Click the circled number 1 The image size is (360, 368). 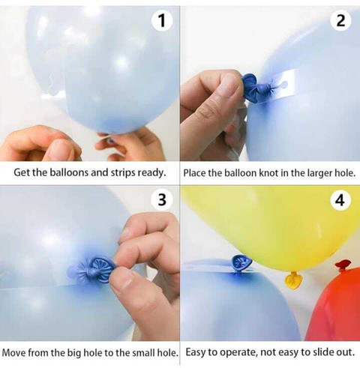[162, 20]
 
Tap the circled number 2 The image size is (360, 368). [340, 20]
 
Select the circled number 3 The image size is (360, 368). [162, 200]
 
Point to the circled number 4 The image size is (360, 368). [340, 200]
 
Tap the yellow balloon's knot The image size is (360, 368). [293, 280]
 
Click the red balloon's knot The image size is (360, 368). [343, 265]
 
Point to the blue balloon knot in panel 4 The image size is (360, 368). [241, 264]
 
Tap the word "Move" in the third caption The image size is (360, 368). [14, 353]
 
